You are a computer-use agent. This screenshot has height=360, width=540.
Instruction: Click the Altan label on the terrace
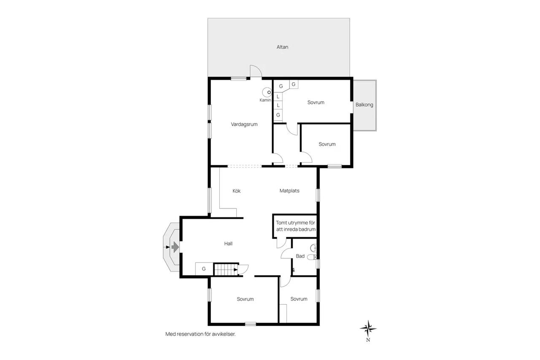pos(282,47)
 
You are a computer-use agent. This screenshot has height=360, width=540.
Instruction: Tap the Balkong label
pos(364,105)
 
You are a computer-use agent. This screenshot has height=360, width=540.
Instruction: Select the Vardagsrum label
pos(244,124)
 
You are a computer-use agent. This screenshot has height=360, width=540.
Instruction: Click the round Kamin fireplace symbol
pos(267,92)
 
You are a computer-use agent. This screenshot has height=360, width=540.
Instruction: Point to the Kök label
pos(237,191)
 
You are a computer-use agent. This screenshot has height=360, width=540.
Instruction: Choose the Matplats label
pos(289,191)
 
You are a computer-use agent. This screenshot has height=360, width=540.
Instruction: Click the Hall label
pos(228,244)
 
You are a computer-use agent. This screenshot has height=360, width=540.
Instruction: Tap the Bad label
pos(300,256)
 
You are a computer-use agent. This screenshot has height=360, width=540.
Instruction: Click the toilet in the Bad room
pos(312,257)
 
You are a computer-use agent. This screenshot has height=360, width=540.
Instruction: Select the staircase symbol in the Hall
pos(226,270)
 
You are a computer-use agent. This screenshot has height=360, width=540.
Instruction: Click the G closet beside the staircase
pos(204,268)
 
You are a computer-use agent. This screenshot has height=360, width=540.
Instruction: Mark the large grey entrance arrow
pos(175,247)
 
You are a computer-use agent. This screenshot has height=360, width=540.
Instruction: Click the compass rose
pos(368,328)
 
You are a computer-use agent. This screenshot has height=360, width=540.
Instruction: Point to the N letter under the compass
pos(368,340)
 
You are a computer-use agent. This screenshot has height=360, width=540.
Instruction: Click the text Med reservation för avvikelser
pos(200,334)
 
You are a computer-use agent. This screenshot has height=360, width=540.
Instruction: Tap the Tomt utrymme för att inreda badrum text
pos(296,226)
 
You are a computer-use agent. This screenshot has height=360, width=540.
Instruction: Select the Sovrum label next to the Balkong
pos(316,103)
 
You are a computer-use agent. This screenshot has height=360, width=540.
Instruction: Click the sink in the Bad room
pos(313,248)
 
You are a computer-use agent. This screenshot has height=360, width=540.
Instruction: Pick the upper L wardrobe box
pos(278,97)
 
